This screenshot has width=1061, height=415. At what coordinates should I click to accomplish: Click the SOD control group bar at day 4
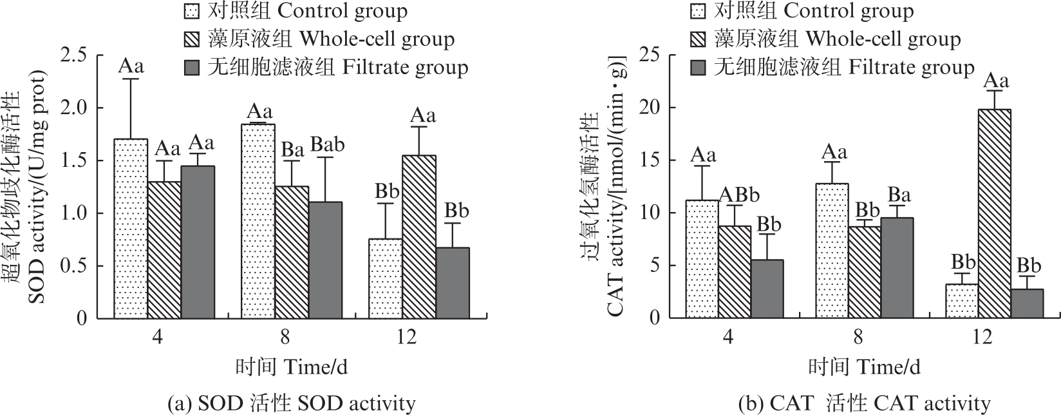[131, 229]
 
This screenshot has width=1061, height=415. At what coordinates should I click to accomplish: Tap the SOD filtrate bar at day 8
[324, 260]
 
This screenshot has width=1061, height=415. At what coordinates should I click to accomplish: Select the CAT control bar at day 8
[831, 251]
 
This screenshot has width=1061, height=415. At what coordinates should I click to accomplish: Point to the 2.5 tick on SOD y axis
[77, 55]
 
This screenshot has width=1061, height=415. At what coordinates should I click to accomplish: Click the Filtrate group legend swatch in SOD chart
[191, 68]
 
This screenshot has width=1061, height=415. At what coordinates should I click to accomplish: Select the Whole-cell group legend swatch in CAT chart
[699, 39]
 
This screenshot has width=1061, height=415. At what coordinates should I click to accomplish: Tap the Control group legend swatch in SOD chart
[191, 11]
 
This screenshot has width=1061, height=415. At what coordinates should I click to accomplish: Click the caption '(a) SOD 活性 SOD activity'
[291, 403]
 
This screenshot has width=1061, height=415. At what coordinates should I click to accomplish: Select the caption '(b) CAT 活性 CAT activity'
[864, 403]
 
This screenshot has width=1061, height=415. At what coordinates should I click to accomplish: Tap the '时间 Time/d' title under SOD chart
[291, 367]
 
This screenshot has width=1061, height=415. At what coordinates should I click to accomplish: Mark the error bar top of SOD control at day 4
[131, 79]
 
